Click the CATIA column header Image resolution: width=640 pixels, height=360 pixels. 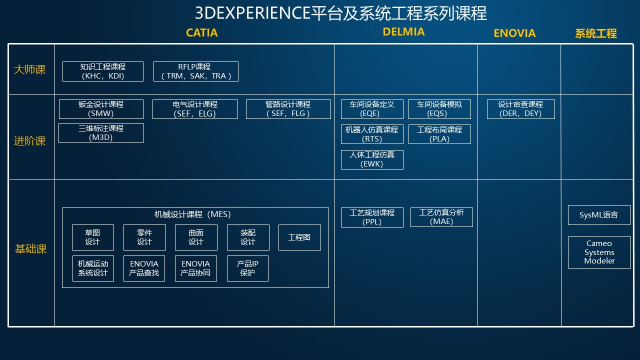click(x=201, y=33)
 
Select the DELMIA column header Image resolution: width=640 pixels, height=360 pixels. click(x=403, y=31)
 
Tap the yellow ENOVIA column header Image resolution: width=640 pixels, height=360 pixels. click(x=514, y=33)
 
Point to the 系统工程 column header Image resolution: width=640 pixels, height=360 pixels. click(x=595, y=33)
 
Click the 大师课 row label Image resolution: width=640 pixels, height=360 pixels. click(x=29, y=69)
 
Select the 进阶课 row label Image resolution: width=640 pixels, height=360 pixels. click(x=29, y=141)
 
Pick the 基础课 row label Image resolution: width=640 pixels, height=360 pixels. click(x=30, y=249)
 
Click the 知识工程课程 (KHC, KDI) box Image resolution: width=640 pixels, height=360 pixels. click(x=103, y=71)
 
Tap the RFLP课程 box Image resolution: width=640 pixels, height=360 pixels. click(x=195, y=71)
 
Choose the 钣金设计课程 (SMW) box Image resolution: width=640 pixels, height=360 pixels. click(x=101, y=109)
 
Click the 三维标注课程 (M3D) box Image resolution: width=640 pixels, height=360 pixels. click(x=101, y=133)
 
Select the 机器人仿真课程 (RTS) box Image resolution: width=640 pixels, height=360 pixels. click(x=372, y=134)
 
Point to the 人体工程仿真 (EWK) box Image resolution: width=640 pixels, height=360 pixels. click(x=372, y=159)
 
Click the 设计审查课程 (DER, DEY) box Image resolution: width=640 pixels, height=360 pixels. click(x=521, y=109)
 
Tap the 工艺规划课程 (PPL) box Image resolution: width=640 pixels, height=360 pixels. click(x=372, y=217)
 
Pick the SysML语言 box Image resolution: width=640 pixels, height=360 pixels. click(x=599, y=215)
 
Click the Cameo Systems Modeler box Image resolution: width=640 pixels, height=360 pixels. click(x=599, y=252)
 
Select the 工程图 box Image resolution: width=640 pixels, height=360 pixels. click(x=299, y=237)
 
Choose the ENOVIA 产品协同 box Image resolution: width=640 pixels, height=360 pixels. click(x=195, y=268)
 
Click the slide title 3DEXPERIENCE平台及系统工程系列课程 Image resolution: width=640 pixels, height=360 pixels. click(x=341, y=13)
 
